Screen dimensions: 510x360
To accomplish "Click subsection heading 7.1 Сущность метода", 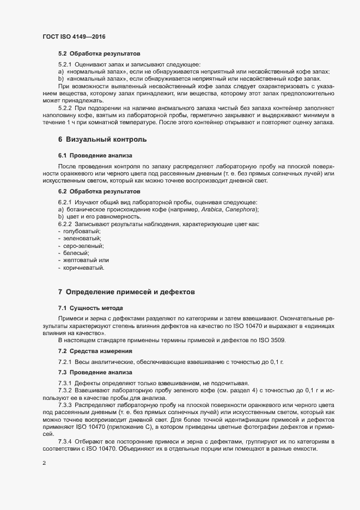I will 90,308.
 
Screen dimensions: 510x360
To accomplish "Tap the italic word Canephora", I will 238,210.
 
